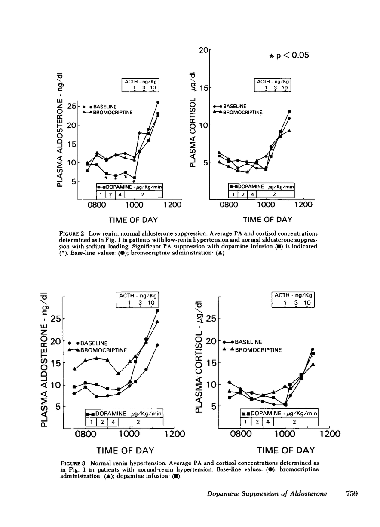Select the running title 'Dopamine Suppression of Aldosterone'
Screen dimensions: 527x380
pyautogui.click(x=267, y=494)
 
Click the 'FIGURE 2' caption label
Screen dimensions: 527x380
pyautogui.click(x=75, y=233)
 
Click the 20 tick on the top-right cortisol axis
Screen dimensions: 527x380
pyautogui.click(x=203, y=51)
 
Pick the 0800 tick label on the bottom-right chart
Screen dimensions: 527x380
pyautogui.click(x=240, y=434)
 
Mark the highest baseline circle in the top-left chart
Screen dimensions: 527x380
pyautogui.click(x=158, y=102)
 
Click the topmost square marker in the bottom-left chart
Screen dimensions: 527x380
pyautogui.click(x=158, y=310)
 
